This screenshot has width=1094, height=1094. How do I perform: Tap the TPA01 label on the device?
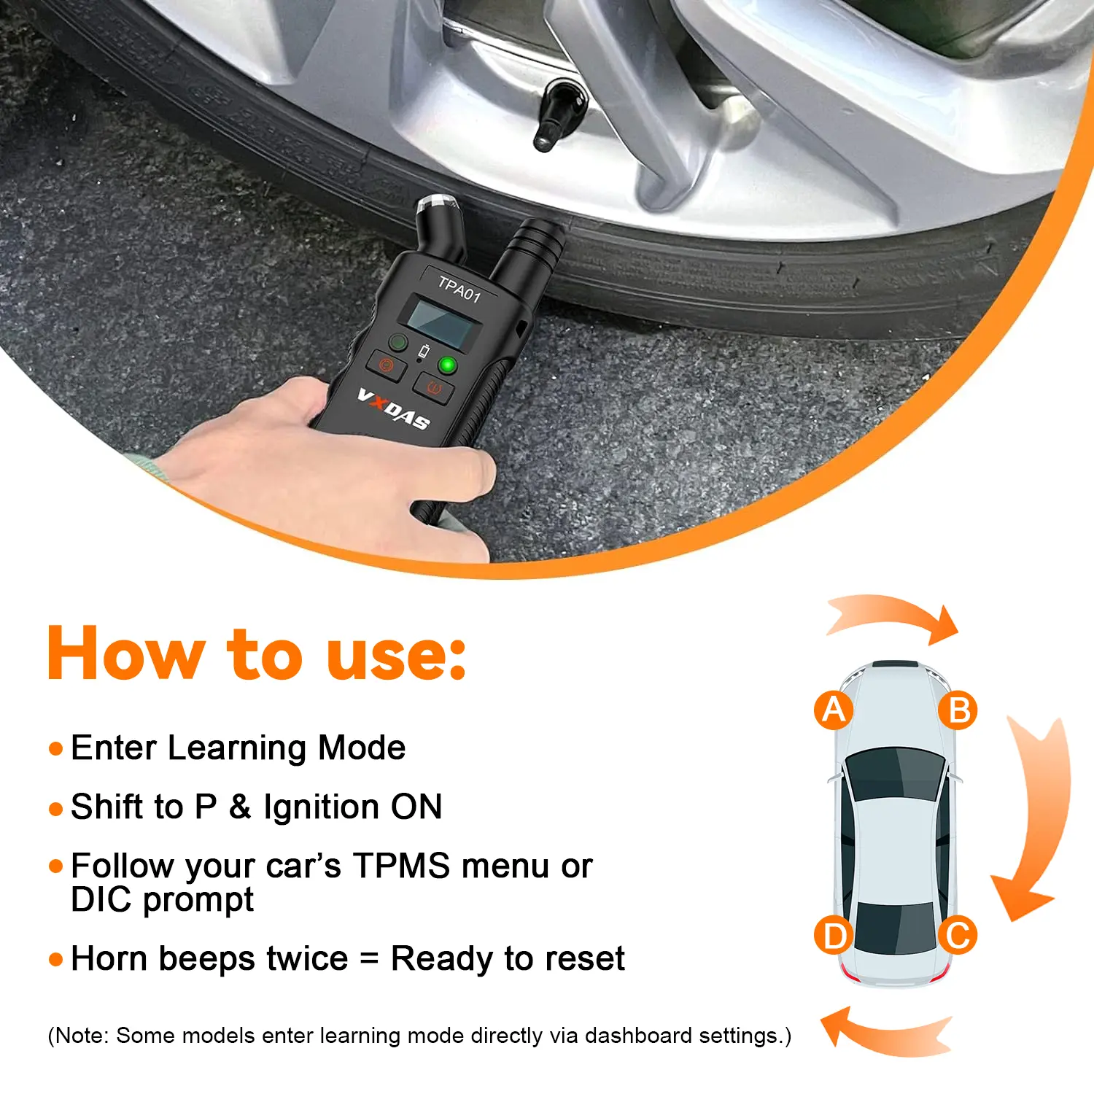coord(459,289)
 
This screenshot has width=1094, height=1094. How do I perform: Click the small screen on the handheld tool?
coord(441,322)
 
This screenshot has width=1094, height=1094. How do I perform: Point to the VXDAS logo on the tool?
coord(393,410)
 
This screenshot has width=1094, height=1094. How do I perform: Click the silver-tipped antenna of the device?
coord(441,226)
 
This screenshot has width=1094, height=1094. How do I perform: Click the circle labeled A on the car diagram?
coord(834,710)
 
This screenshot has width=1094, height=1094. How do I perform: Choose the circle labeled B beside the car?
coord(958,710)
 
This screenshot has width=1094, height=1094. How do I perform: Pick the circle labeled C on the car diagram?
coord(958,936)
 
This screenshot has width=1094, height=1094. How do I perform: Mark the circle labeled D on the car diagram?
coord(834,936)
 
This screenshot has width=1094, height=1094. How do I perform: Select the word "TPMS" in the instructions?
coord(401,866)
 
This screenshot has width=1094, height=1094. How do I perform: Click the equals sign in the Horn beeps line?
coord(370,958)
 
